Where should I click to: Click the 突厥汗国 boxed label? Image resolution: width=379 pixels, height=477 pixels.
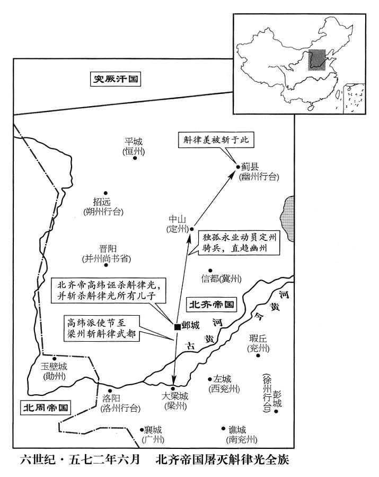(116, 79)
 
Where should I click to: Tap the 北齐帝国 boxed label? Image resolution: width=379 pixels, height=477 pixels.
(211, 305)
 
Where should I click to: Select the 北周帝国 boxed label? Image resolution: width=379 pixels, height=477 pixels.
(46, 407)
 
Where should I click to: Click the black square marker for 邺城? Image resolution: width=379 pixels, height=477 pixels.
(177, 327)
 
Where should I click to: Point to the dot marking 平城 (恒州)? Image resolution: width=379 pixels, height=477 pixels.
(135, 158)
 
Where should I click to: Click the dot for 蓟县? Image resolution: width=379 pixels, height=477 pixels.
(238, 167)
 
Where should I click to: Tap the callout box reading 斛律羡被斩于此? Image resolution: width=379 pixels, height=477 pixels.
(216, 140)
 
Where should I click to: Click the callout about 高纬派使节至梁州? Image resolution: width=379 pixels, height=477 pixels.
(101, 328)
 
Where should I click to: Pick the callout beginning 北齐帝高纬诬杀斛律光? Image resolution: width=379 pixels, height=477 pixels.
(108, 291)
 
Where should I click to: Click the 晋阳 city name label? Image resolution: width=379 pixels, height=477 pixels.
(108, 249)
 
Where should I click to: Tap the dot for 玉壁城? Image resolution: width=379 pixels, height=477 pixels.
(55, 358)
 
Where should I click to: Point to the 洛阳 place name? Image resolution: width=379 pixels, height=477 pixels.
(111, 398)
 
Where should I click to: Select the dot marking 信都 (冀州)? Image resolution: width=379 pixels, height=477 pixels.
(210, 270)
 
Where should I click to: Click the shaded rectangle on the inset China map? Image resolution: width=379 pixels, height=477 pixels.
(317, 60)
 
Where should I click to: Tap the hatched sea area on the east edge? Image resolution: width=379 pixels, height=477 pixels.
(288, 219)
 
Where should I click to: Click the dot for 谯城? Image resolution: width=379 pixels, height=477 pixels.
(223, 428)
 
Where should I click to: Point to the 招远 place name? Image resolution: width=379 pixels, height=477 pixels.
(102, 202)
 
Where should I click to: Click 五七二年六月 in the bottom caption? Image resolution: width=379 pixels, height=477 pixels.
(104, 459)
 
